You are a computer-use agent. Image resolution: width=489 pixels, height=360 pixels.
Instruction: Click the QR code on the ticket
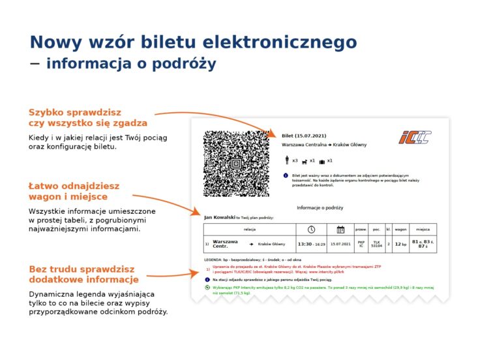point(236,164)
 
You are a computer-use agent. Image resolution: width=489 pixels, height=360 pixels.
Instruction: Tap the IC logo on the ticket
point(415,138)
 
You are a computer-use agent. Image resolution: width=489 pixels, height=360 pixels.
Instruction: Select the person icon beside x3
point(286,160)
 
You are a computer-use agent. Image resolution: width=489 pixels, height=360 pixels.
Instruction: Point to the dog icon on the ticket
point(304,161)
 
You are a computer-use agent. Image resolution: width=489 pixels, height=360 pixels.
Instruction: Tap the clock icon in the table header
point(312,229)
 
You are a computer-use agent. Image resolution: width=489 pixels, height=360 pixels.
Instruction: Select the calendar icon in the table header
point(340,229)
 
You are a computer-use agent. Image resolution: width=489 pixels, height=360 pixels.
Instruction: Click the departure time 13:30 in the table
point(304,244)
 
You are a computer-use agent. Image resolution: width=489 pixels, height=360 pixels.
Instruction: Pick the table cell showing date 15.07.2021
point(340,244)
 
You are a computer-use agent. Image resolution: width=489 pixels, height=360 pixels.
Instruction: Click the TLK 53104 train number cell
point(376,244)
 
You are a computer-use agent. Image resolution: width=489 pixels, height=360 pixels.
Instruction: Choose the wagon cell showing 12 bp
point(400,244)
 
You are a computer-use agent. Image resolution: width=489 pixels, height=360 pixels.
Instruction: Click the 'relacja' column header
point(249,230)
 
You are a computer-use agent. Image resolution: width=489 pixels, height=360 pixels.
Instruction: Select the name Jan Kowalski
point(219,217)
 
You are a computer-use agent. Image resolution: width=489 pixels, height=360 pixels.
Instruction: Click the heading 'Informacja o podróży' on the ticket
point(319,207)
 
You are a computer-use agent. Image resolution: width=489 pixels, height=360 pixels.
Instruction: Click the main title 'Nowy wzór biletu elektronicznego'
point(193,42)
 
